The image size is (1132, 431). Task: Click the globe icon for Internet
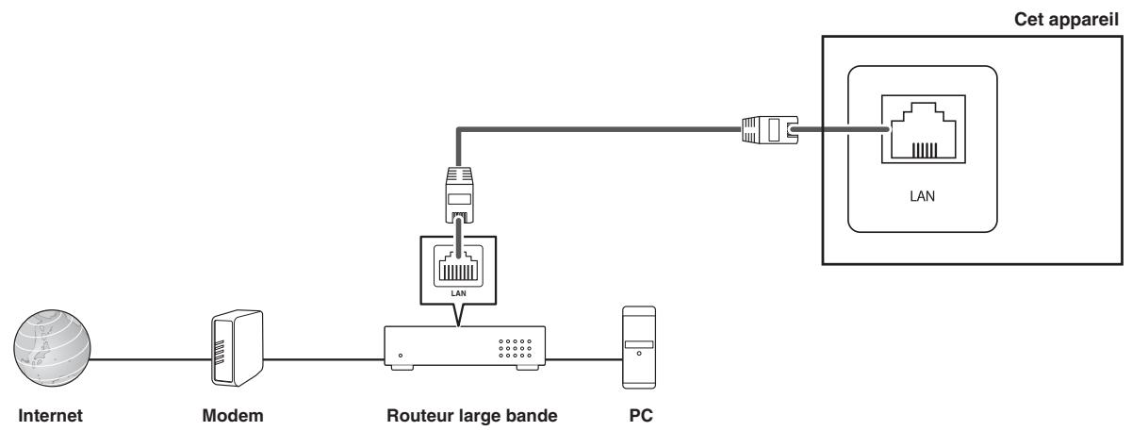click(x=52, y=348)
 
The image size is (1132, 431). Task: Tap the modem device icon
click(x=237, y=348)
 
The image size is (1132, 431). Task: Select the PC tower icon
click(x=639, y=347)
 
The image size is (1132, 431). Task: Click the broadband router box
click(x=465, y=348)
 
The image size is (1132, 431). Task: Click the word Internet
click(x=50, y=416)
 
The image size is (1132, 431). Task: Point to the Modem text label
click(x=233, y=416)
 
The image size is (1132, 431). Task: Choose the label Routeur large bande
click(x=472, y=416)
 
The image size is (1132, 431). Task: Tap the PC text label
click(x=641, y=416)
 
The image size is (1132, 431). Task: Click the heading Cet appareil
click(x=1066, y=19)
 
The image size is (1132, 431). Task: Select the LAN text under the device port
click(x=922, y=196)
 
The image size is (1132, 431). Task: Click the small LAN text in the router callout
click(x=458, y=293)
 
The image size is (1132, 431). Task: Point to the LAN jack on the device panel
click(x=924, y=129)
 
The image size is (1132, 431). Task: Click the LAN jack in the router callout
click(x=458, y=266)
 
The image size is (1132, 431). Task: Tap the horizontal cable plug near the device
click(x=770, y=129)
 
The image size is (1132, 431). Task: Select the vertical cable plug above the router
click(x=459, y=195)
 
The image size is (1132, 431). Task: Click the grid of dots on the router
click(x=515, y=349)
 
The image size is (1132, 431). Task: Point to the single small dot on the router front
click(x=401, y=356)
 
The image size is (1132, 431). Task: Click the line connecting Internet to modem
click(x=151, y=359)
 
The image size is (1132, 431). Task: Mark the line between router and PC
click(x=583, y=359)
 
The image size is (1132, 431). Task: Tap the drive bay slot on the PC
click(x=639, y=344)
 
